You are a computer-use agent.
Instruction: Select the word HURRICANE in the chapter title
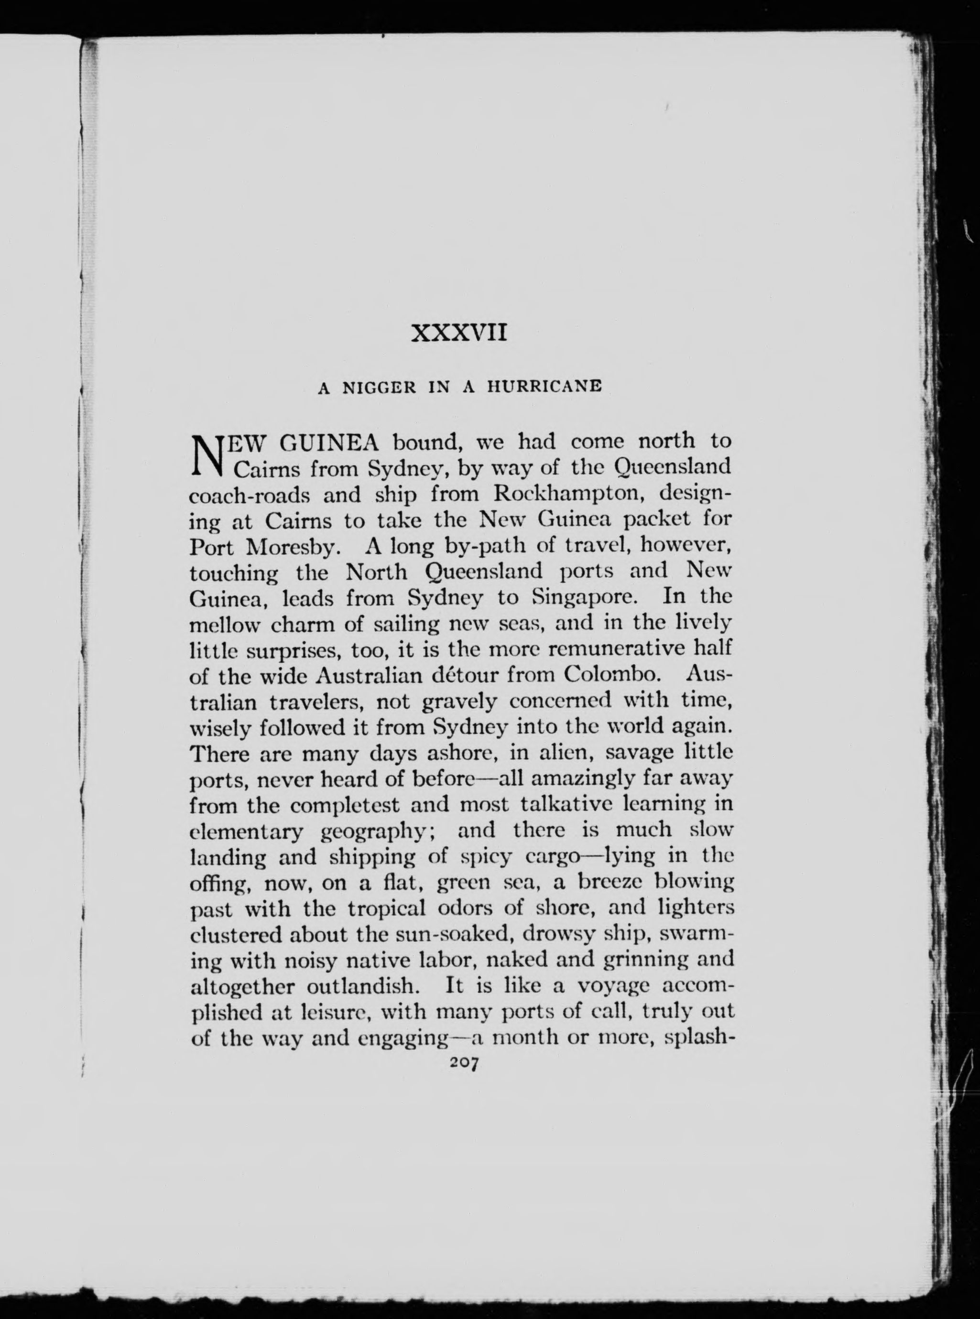point(544,387)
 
